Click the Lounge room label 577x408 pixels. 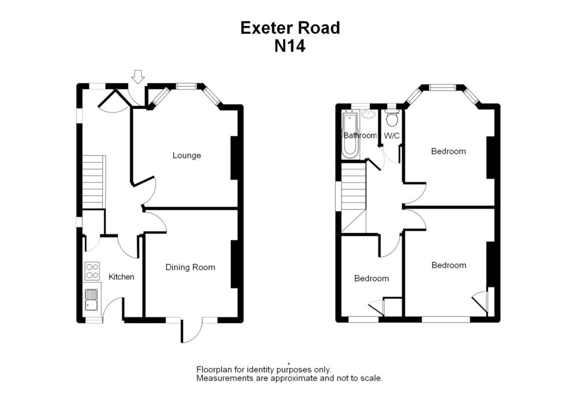187,156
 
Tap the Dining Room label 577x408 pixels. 190,267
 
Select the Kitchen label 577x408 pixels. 121,277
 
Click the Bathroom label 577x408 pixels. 359,136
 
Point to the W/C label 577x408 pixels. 392,136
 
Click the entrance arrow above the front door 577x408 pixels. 137,77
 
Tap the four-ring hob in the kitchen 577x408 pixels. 92,271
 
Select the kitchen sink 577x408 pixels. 92,300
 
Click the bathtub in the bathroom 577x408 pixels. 350,137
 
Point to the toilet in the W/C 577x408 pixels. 392,118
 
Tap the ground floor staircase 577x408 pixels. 93,182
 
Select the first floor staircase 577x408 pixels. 353,187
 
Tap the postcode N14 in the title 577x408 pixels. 290,46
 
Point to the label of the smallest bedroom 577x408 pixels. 371,279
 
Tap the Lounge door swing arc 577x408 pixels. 149,190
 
